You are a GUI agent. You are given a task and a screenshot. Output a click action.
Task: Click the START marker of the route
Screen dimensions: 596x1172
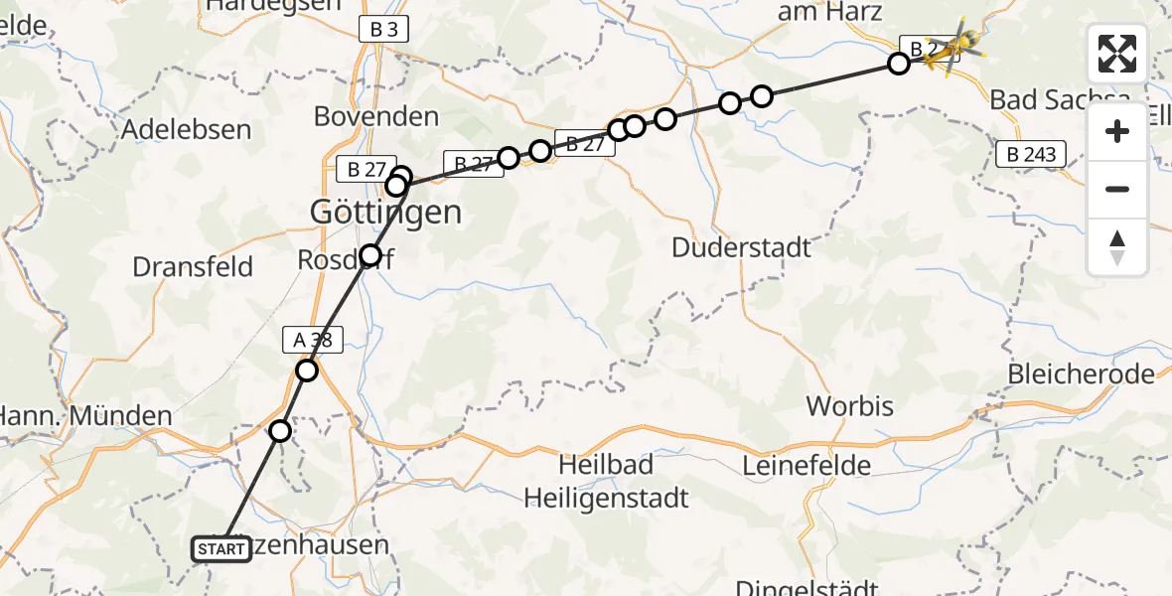coord(220,549)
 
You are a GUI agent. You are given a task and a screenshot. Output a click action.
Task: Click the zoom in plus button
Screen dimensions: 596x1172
coord(1117,131)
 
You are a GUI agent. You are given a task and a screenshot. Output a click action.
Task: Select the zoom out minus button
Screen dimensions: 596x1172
coord(1117,189)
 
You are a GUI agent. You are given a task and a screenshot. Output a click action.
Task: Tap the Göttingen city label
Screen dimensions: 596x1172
coord(385,212)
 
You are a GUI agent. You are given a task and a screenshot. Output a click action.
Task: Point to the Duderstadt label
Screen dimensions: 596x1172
coord(742,246)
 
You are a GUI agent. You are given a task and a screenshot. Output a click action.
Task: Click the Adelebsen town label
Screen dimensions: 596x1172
coord(186,129)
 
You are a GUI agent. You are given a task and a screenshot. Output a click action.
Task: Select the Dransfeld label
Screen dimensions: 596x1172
coord(193,266)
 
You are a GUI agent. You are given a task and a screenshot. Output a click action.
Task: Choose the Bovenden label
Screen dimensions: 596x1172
coord(376,116)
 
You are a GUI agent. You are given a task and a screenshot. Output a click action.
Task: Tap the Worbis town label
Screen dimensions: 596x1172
coord(850,405)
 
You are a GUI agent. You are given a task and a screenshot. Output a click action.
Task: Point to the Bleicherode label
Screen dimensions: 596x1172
coord(1081,374)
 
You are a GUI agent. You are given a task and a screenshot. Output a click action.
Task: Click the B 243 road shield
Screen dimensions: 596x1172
coord(1031,154)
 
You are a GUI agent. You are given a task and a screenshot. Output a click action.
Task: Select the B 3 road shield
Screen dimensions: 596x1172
coord(383,30)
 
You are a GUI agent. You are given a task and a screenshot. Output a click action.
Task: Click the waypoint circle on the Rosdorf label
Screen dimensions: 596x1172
coord(370,255)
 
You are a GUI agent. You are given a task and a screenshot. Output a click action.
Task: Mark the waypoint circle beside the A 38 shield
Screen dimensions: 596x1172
coord(307,371)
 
